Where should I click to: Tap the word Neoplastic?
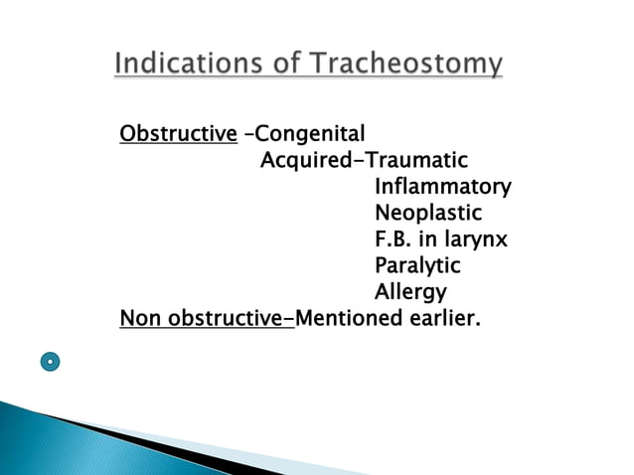coord(427,213)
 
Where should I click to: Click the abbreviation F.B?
coord(394,239)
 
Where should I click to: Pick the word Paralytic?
coord(417,266)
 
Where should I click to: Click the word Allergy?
coord(409,293)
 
